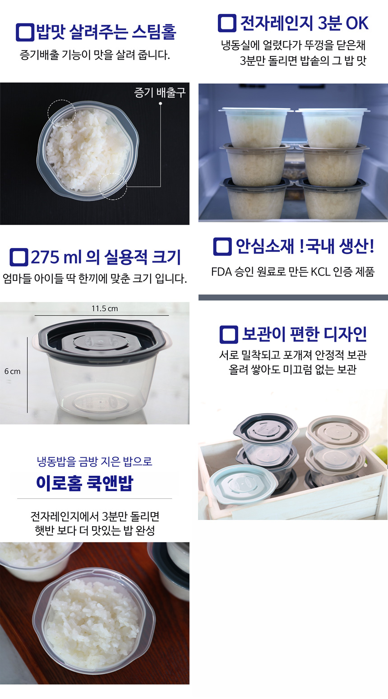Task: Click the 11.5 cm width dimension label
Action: coord(105,308)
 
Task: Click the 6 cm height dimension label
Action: coord(13,371)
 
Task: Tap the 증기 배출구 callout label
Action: coord(160,92)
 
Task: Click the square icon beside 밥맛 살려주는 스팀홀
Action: coord(25,32)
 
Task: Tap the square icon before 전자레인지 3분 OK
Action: coord(227,23)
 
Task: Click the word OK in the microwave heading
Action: coord(357,23)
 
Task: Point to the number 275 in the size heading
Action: coord(45,257)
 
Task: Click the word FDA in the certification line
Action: coord(222,272)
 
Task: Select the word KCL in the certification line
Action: coord(321,272)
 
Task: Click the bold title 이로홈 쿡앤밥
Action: coord(84,483)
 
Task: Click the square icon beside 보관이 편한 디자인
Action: coord(229,335)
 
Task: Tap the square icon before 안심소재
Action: coord(222,247)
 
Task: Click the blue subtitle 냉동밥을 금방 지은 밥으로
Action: coord(95,461)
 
